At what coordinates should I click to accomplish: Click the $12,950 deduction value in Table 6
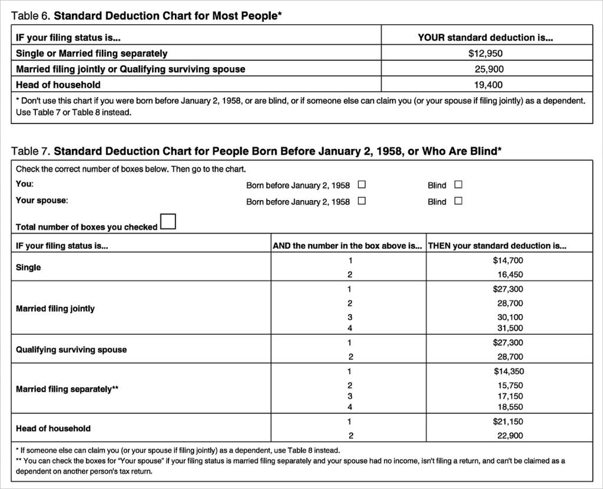tap(485, 54)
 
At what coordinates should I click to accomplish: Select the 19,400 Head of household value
tap(488, 85)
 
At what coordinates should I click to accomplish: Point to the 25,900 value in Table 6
tap(489, 69)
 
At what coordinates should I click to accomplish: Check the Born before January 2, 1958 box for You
tap(362, 184)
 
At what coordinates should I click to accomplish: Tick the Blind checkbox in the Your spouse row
tap(458, 201)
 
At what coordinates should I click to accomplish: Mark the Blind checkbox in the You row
tap(458, 184)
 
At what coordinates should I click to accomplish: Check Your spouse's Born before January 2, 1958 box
tap(362, 201)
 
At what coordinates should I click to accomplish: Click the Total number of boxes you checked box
tap(168, 222)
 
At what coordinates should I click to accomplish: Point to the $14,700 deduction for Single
tap(508, 260)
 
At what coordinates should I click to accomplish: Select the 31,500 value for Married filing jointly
tap(510, 328)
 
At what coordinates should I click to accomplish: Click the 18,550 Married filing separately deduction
tap(510, 407)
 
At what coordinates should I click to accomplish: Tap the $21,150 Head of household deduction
tap(508, 421)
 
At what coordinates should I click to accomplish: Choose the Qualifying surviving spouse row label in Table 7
tap(71, 350)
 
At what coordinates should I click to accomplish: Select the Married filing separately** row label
tap(67, 389)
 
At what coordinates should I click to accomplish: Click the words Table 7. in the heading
tap(31, 151)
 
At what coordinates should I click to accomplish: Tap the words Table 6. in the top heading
tap(31, 15)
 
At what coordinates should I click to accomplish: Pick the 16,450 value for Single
tap(510, 274)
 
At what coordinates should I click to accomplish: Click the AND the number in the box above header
tap(347, 246)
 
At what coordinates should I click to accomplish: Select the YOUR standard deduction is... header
tap(485, 38)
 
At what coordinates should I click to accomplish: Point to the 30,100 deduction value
tap(510, 318)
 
